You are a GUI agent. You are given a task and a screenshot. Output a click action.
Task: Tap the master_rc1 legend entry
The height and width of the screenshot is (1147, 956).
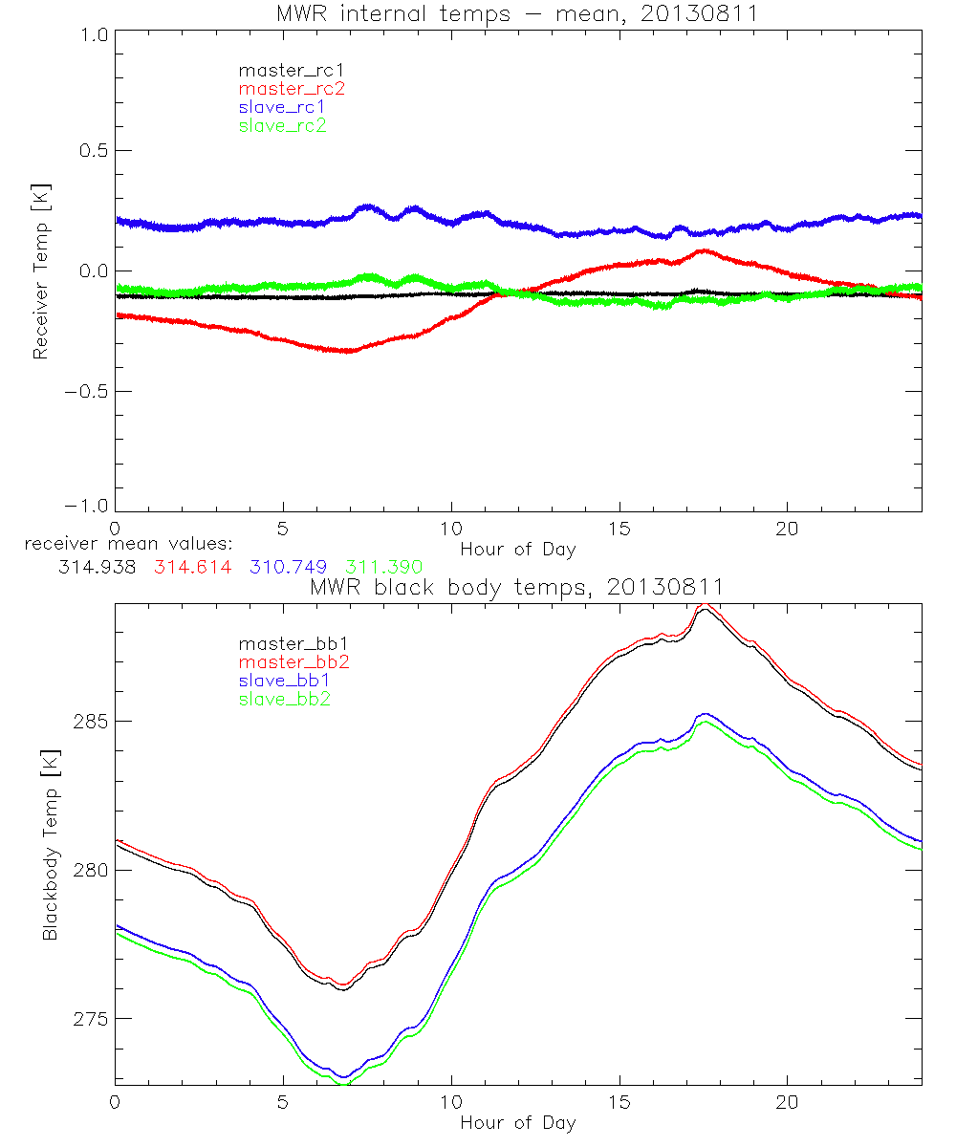284,70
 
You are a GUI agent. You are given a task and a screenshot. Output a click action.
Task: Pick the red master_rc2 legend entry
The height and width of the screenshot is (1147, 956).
292,89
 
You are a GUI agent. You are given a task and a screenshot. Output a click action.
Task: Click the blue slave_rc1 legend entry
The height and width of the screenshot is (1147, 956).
282,107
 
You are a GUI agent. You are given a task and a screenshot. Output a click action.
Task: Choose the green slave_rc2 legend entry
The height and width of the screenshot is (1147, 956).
282,125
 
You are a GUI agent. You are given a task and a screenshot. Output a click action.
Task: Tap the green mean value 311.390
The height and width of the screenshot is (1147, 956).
384,567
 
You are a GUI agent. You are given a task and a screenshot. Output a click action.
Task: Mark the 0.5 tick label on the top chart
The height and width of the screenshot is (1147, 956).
92,151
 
